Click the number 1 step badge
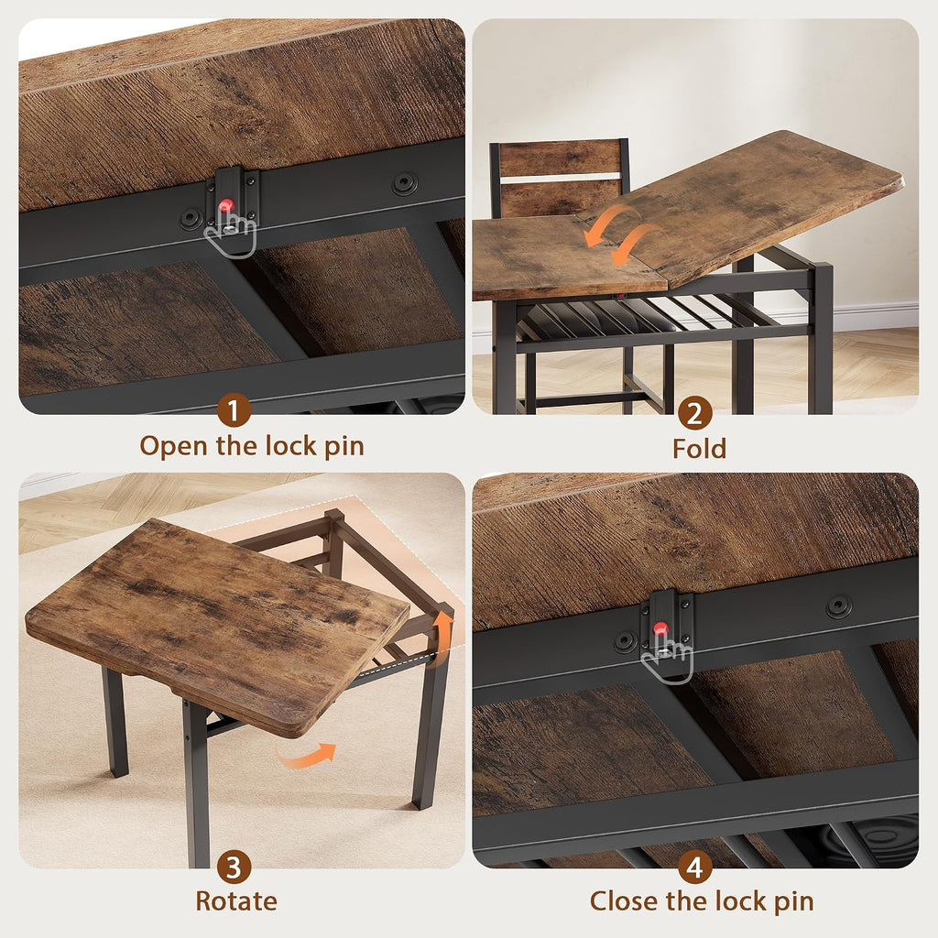[234, 410]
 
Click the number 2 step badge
[694, 413]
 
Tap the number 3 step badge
[234, 867]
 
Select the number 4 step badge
[694, 867]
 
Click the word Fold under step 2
[699, 449]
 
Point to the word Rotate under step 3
[236, 901]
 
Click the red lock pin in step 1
[225, 207]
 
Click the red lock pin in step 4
[660, 628]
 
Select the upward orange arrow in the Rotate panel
[442, 630]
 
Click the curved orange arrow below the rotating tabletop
[304, 755]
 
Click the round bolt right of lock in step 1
[404, 183]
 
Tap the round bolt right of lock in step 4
[839, 607]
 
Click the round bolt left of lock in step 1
[192, 219]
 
